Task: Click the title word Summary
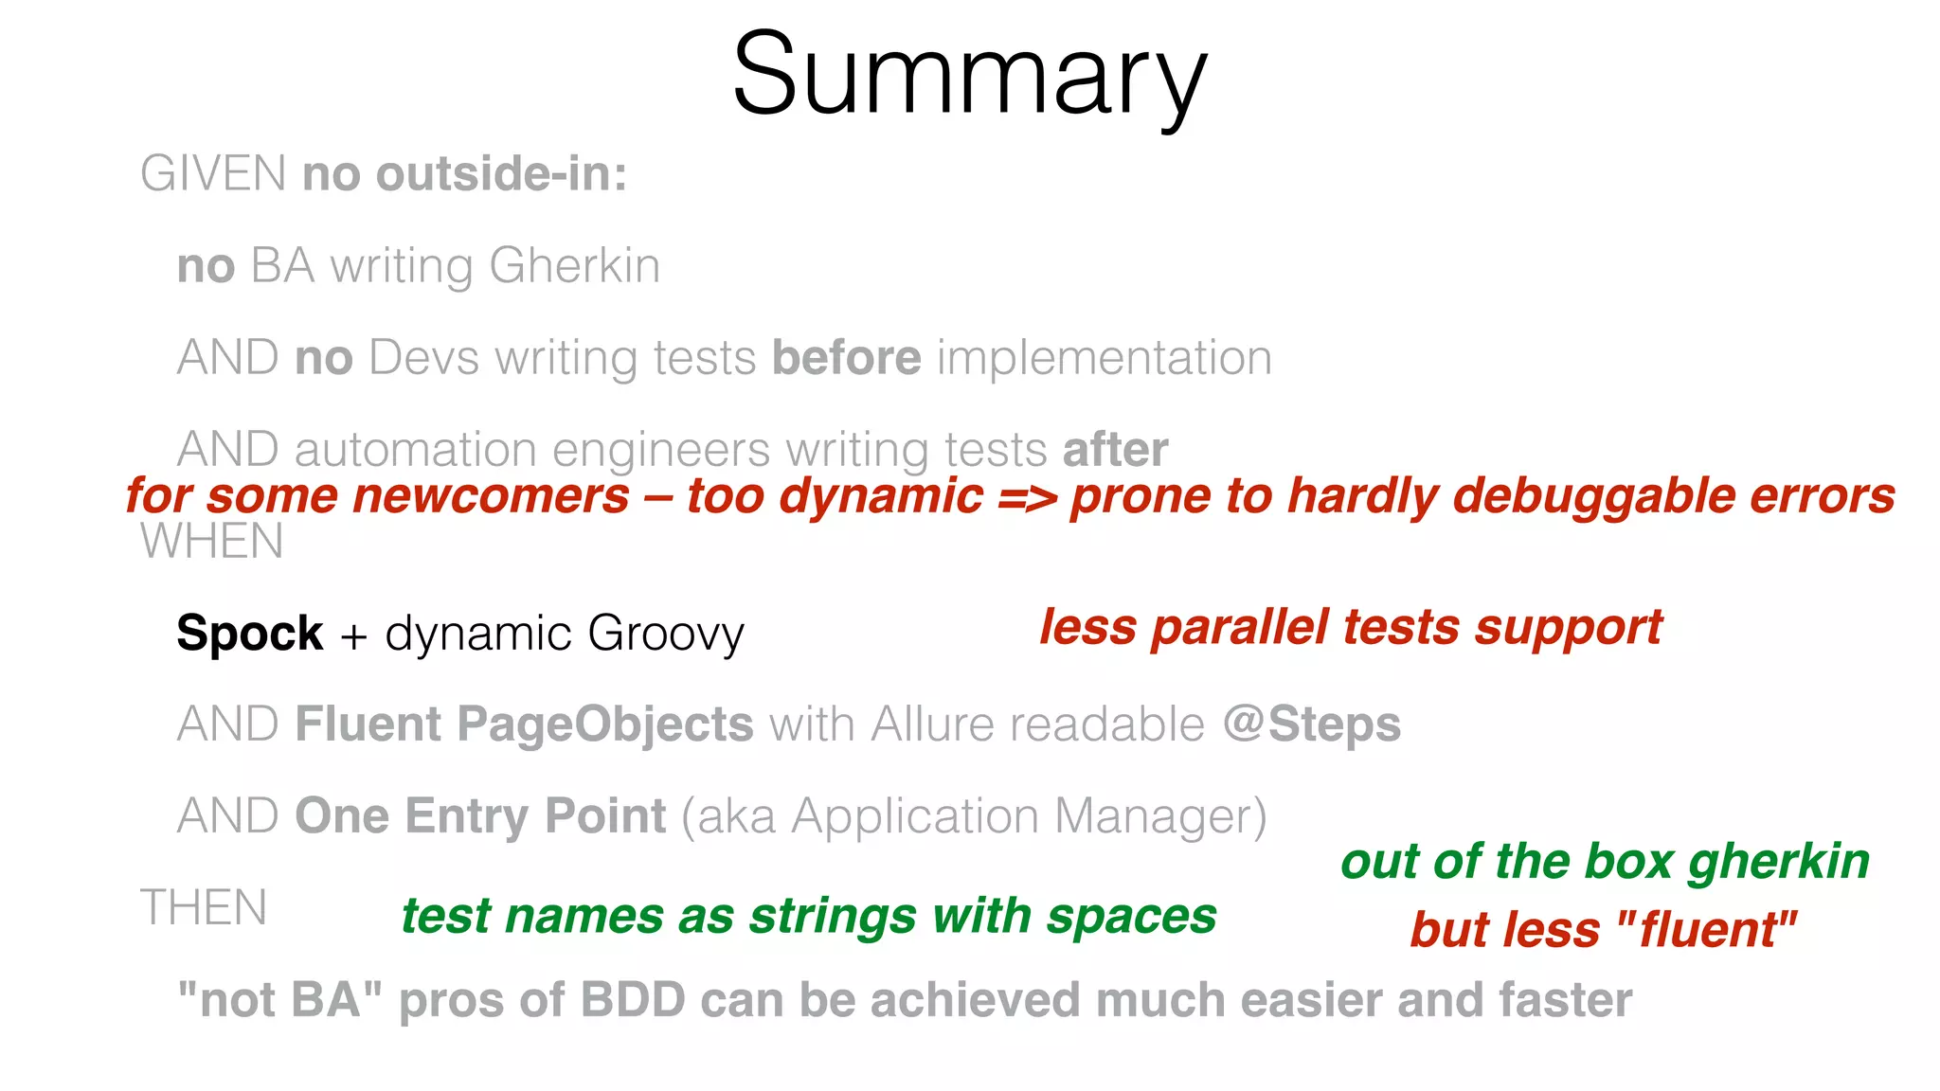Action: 969,76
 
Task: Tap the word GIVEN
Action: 213,174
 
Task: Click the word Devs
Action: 423,358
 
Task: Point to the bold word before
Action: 846,358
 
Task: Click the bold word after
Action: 1115,449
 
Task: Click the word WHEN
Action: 212,542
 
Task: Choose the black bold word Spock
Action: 250,633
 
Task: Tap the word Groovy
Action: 665,635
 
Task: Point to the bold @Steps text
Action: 1311,724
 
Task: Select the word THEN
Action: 204,907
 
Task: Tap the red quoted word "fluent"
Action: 1706,929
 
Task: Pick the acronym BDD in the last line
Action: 633,1000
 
